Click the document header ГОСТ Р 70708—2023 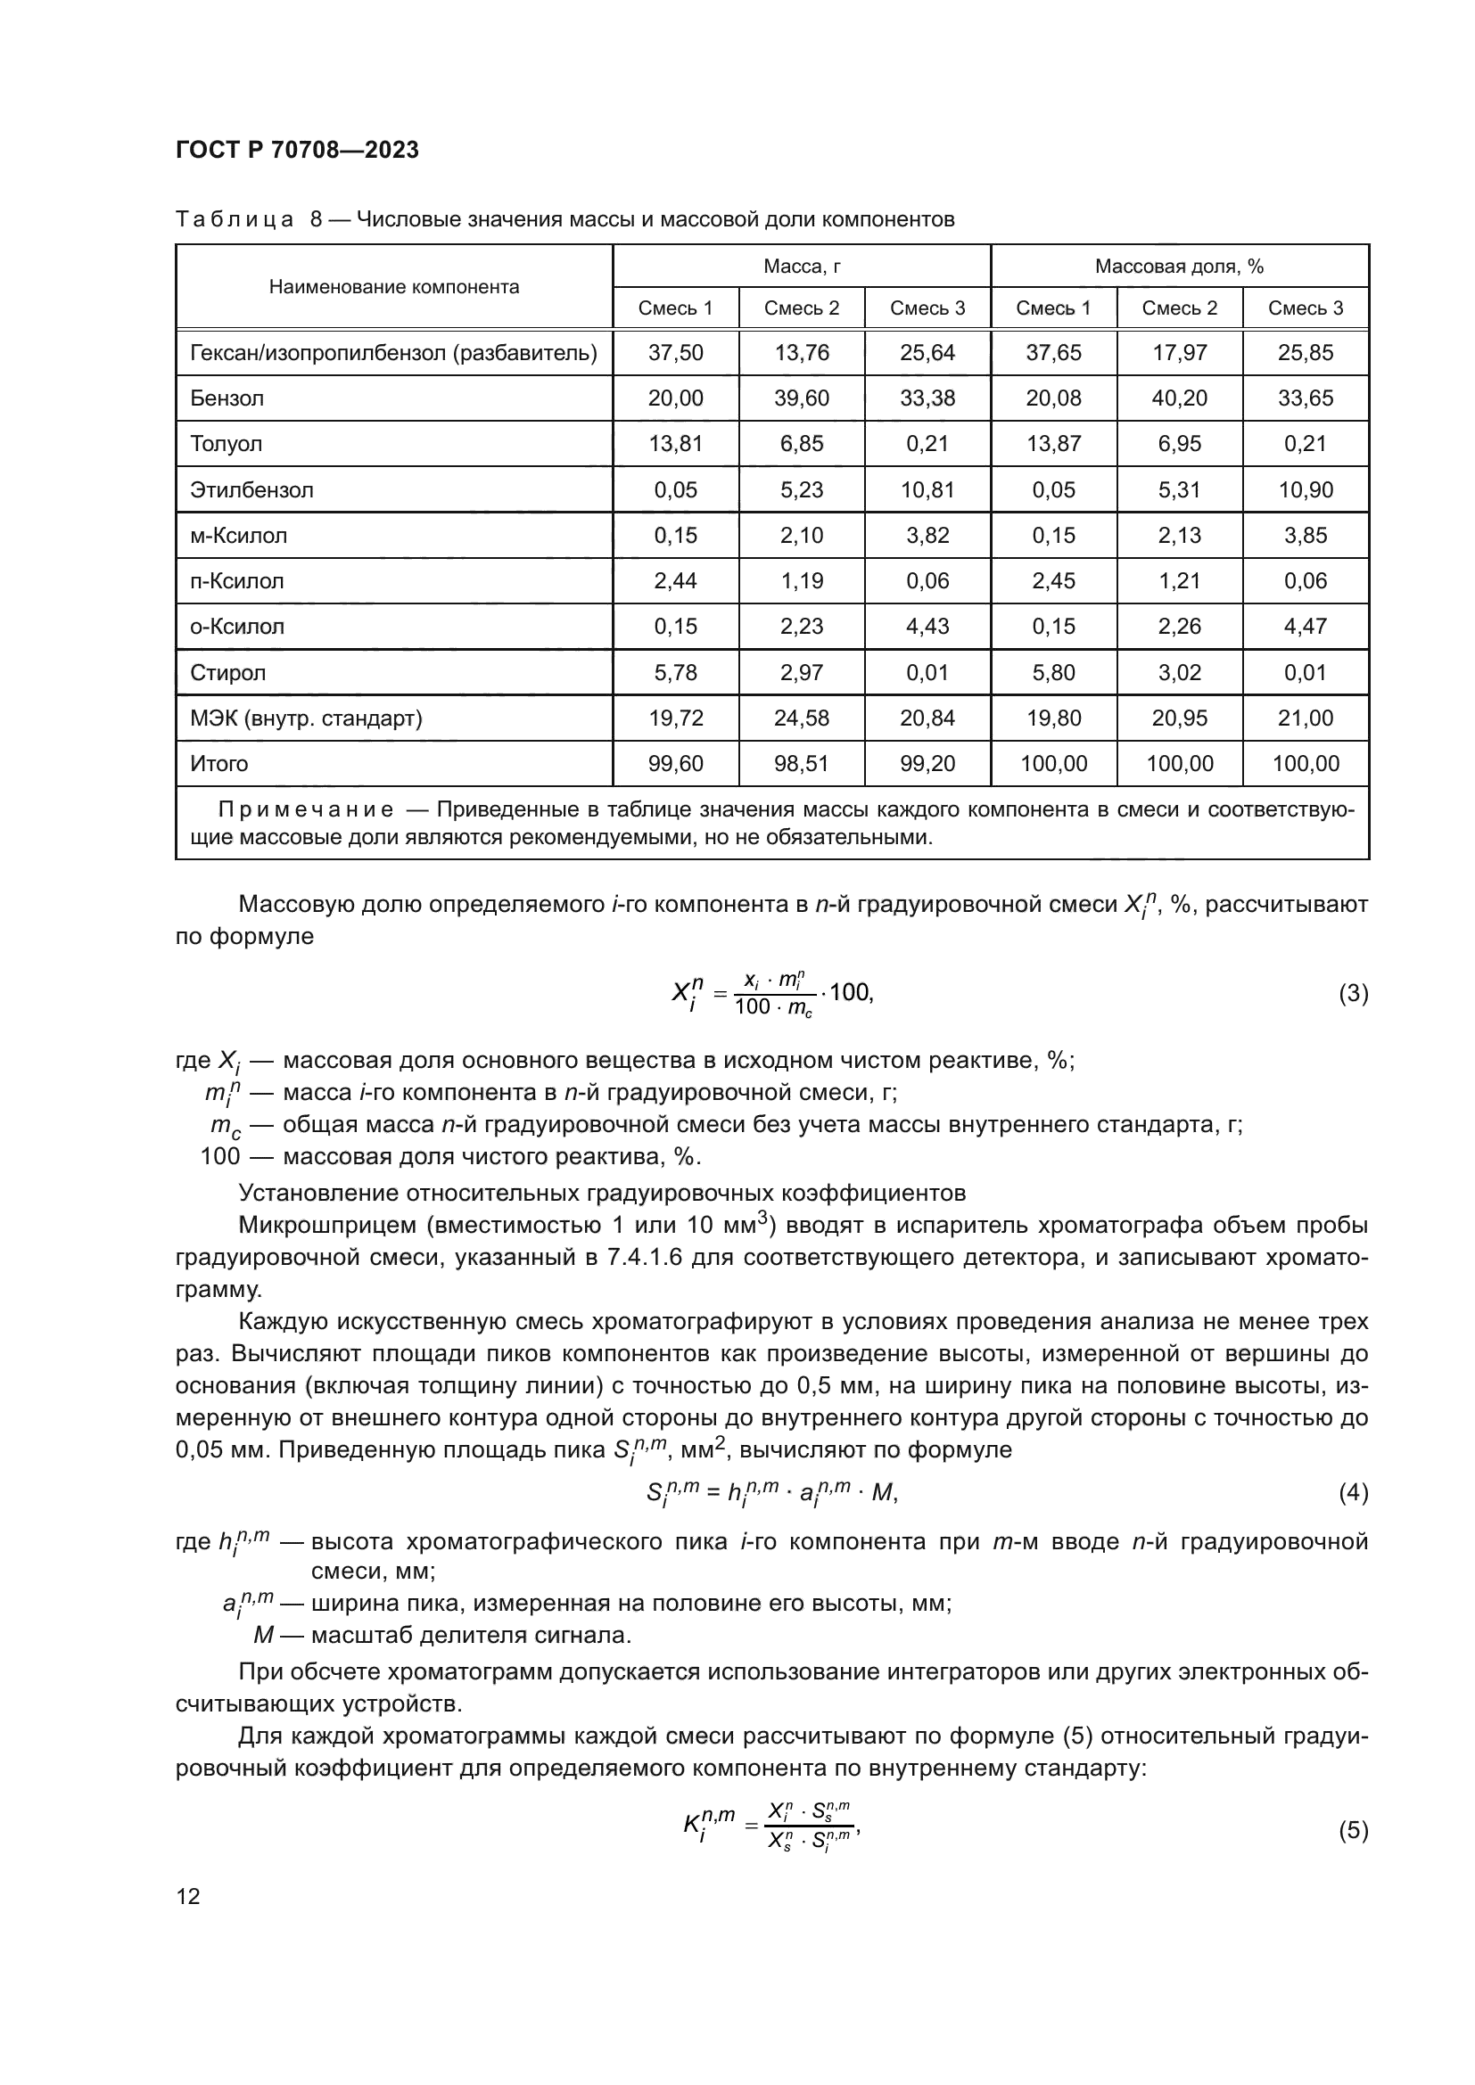coord(297,150)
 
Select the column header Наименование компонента coord(394,287)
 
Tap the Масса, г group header coord(801,266)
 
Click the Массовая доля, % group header coord(1179,266)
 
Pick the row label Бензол coord(227,398)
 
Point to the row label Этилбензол coord(251,490)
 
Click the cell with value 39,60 coord(801,398)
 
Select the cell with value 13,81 coord(675,444)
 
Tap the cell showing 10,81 coord(927,490)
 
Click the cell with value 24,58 coord(801,718)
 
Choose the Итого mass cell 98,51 coord(801,764)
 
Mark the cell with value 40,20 coord(1179,398)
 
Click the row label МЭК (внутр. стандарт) coord(306,718)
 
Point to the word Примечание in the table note coord(306,810)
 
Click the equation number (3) coord(1353,993)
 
